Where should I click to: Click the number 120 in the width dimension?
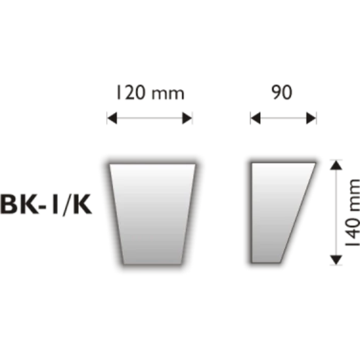click(x=132, y=94)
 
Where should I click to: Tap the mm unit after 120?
click(x=166, y=94)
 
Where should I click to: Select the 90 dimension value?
click(x=283, y=94)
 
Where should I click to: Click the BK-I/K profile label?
click(x=50, y=206)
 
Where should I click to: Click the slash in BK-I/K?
click(x=74, y=206)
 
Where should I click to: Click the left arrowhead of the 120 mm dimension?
click(x=112, y=118)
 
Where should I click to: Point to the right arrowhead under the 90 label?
click(x=311, y=118)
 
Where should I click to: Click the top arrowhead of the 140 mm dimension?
click(x=336, y=164)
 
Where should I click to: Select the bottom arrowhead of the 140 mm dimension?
click(x=336, y=259)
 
